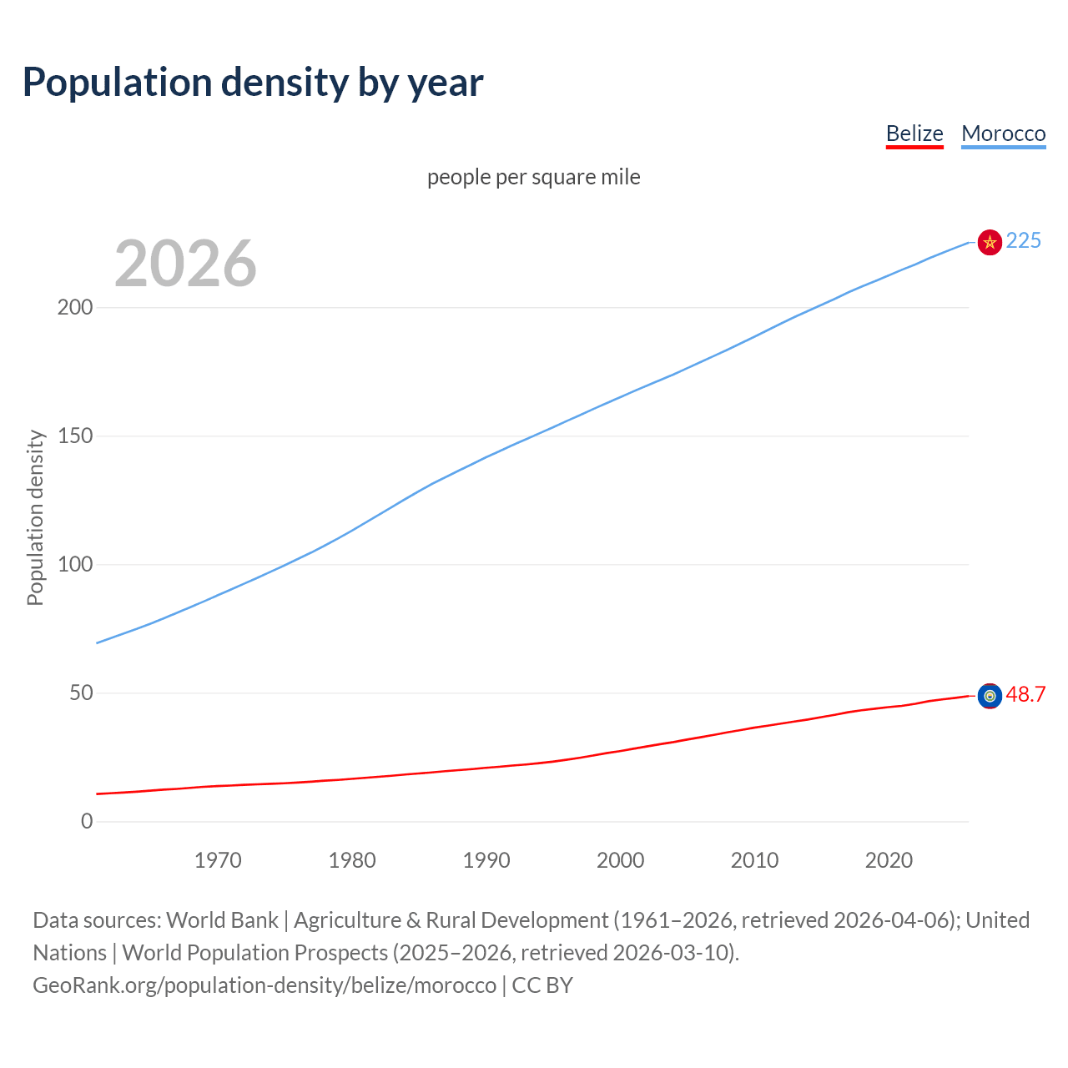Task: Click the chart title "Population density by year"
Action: (x=253, y=83)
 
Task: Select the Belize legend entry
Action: (x=914, y=133)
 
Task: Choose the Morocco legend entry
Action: (x=1003, y=133)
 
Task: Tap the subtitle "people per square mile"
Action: (x=533, y=177)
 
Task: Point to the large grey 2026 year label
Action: (x=185, y=264)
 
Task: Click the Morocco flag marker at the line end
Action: (x=990, y=242)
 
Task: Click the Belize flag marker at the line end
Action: (x=990, y=696)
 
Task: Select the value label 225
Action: (x=1023, y=241)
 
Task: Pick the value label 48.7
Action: (x=1025, y=695)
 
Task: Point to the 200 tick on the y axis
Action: (x=75, y=307)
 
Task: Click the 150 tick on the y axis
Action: (x=75, y=436)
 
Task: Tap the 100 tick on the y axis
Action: (x=75, y=564)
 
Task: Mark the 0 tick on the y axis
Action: (x=87, y=821)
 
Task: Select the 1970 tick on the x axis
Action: (x=218, y=860)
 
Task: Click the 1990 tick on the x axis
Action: (x=486, y=860)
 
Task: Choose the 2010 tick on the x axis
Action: (x=754, y=860)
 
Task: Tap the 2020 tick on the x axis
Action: (x=889, y=860)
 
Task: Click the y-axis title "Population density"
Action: (x=35, y=517)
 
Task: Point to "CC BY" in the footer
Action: (x=542, y=985)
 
